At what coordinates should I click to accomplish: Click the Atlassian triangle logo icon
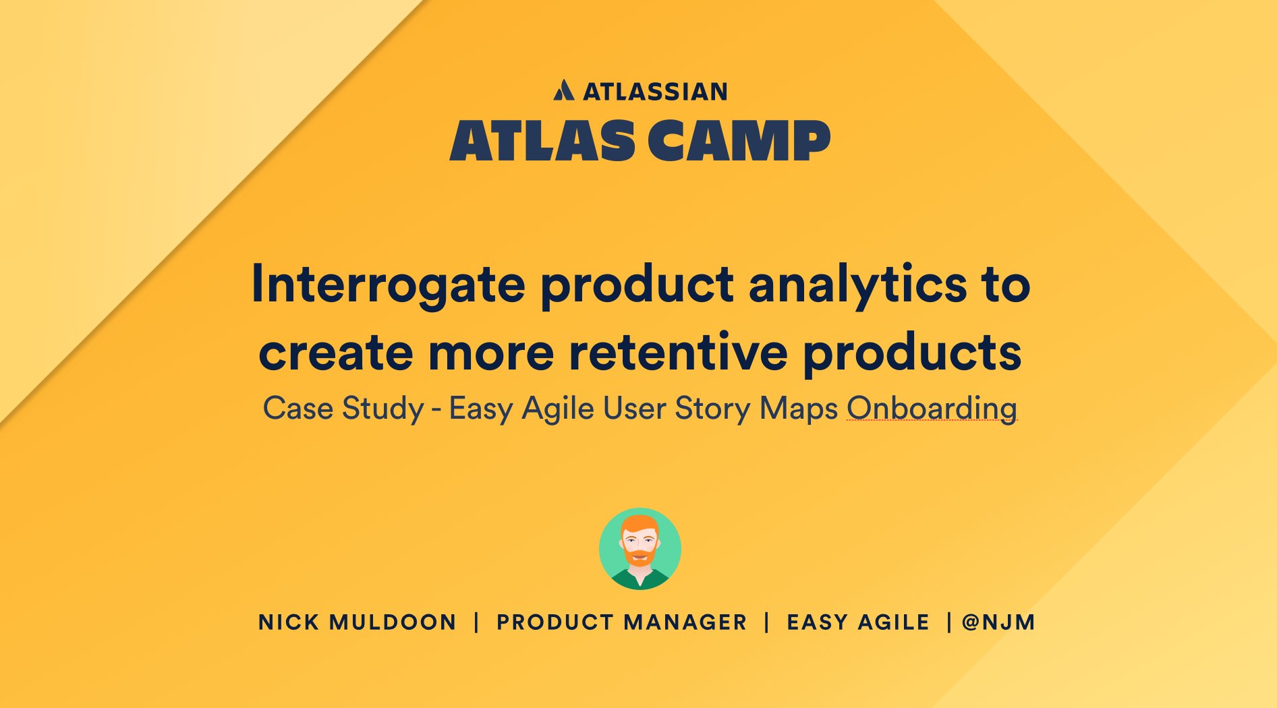point(564,90)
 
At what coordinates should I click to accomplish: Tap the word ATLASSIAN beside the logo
point(655,92)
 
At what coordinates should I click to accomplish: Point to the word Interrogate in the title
point(388,285)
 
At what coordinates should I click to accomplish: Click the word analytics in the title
point(857,285)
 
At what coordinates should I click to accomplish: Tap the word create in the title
point(335,353)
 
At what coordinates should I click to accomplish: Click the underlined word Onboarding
point(932,409)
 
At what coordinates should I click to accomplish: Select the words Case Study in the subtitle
point(343,409)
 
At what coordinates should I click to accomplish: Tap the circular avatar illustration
point(640,549)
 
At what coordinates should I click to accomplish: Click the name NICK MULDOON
point(358,622)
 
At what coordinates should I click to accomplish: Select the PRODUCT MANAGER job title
point(622,622)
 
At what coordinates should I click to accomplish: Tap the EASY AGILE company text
point(858,622)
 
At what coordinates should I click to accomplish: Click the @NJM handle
point(998,622)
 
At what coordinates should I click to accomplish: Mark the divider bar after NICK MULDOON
point(476,622)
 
